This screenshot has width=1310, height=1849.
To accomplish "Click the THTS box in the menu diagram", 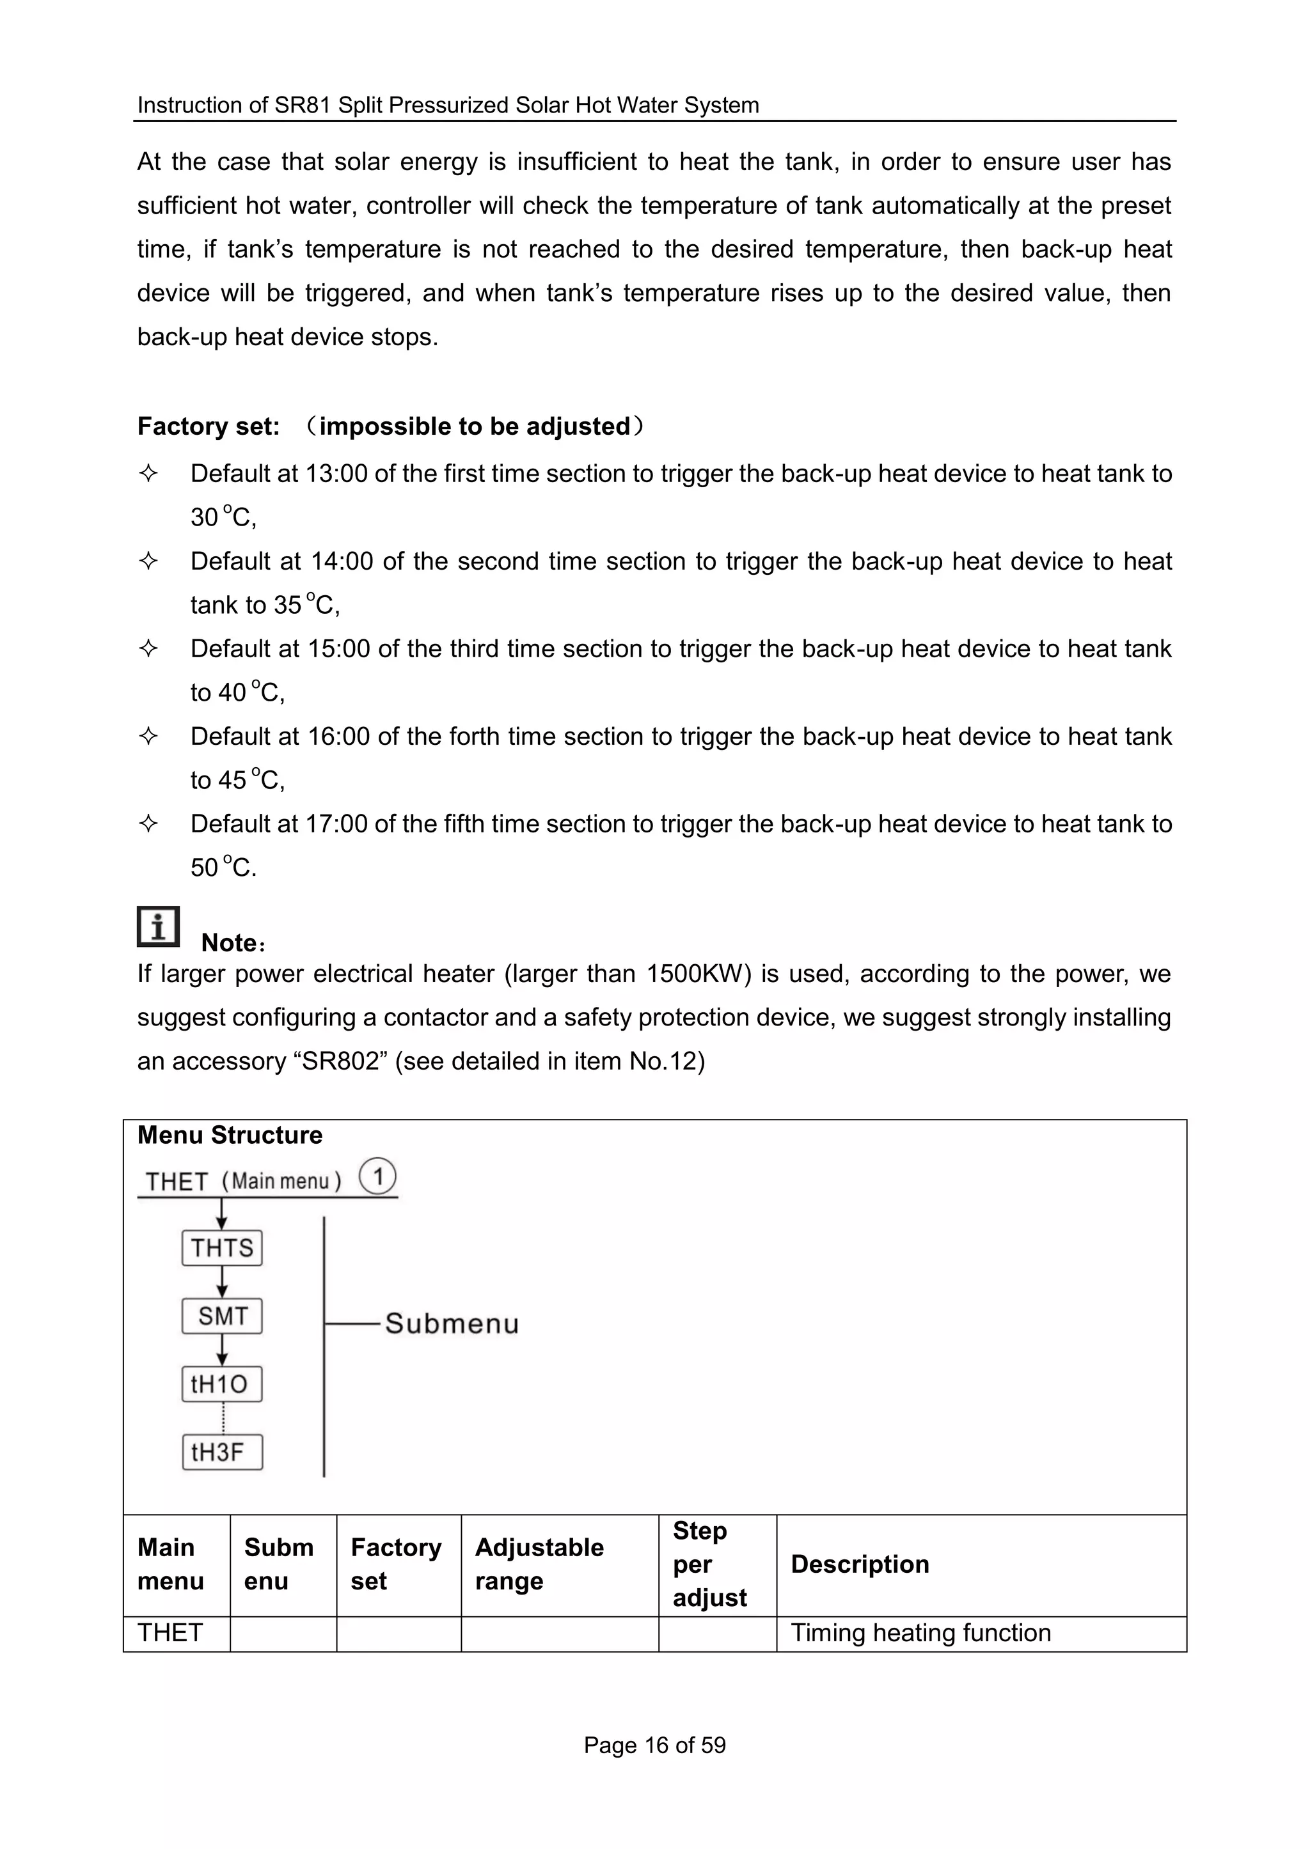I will pyautogui.click(x=222, y=1247).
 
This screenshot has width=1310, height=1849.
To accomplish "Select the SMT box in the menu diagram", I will pyautogui.click(x=222, y=1316).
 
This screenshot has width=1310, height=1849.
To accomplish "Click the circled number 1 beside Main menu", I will pyautogui.click(x=377, y=1176).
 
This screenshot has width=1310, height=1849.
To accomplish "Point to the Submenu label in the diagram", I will pyautogui.click(x=452, y=1324).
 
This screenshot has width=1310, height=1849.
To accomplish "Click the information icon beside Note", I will pyautogui.click(x=158, y=926).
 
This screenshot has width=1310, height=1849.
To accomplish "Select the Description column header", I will pyautogui.click(x=860, y=1564).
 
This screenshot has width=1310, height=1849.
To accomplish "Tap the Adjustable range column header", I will pyautogui.click(x=539, y=1564).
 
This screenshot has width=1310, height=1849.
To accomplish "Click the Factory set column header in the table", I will pyautogui.click(x=396, y=1564).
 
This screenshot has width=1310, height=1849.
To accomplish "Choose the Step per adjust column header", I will pyautogui.click(x=710, y=1564).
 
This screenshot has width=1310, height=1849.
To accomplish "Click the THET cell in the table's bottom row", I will pyautogui.click(x=170, y=1633).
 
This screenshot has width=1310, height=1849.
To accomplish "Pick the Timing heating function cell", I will pyautogui.click(x=920, y=1633).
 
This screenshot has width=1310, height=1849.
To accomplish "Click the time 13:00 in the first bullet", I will pyautogui.click(x=336, y=473).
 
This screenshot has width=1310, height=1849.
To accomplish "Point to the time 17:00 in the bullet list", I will pyautogui.click(x=336, y=824).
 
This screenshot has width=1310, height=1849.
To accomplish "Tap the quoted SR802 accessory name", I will pyautogui.click(x=340, y=1061).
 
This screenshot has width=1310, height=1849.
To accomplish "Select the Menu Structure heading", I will pyautogui.click(x=230, y=1135).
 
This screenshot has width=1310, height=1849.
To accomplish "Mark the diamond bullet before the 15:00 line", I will pyautogui.click(x=148, y=648).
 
